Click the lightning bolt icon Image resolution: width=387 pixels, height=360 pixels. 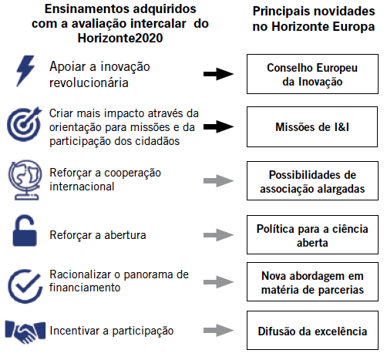click(x=25, y=71)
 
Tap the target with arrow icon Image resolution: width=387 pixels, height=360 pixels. click(x=24, y=124)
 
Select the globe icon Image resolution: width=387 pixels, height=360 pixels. click(x=25, y=180)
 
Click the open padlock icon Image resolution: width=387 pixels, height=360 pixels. click(x=25, y=230)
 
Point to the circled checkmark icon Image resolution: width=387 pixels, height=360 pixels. click(x=25, y=286)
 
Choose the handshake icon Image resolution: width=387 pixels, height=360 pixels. click(x=25, y=331)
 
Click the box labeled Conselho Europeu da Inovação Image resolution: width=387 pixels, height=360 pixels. click(x=312, y=74)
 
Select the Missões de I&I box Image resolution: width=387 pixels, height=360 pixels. click(x=312, y=127)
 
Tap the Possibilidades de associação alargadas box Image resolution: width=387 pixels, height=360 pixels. click(x=312, y=181)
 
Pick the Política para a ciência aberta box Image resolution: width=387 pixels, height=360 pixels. click(x=312, y=235)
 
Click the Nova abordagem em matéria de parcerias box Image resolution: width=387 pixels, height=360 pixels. click(x=312, y=282)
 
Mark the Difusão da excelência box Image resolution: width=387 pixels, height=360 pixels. click(x=312, y=331)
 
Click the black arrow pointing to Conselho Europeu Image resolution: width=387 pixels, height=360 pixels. click(x=219, y=74)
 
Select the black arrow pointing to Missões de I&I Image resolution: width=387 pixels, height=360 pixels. click(x=219, y=126)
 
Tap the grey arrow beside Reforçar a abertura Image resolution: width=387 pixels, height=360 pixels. click(x=219, y=235)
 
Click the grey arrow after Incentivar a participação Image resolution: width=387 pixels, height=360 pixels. click(x=219, y=331)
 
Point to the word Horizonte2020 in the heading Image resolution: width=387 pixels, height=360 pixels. click(x=120, y=38)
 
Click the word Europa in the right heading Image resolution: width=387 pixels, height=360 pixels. click(x=350, y=27)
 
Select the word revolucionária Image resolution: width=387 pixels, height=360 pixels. click(x=89, y=82)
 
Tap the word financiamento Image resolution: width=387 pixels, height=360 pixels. click(x=85, y=288)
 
